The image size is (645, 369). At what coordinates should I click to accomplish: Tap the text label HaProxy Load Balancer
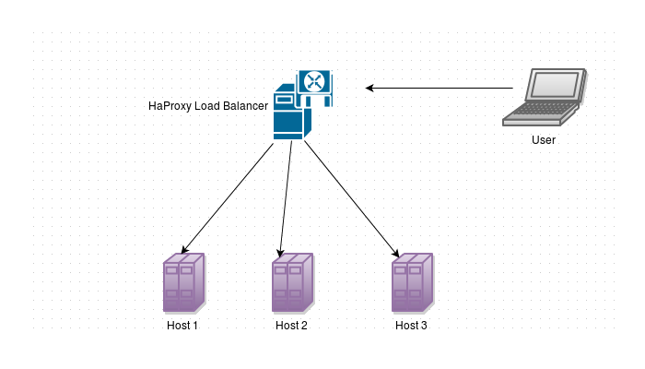click(x=207, y=106)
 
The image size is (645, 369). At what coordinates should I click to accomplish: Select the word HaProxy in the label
click(x=170, y=106)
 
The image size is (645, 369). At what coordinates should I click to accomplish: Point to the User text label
click(x=544, y=140)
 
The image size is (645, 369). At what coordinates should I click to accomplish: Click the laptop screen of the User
click(x=555, y=85)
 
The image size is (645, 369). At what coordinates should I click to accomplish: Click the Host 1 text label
click(x=182, y=326)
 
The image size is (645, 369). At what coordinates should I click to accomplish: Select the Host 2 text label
click(x=291, y=326)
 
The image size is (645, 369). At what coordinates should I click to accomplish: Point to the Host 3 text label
click(x=411, y=326)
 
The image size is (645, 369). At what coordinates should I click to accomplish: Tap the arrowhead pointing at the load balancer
click(x=369, y=88)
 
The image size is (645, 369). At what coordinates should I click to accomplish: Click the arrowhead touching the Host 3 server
click(x=396, y=253)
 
